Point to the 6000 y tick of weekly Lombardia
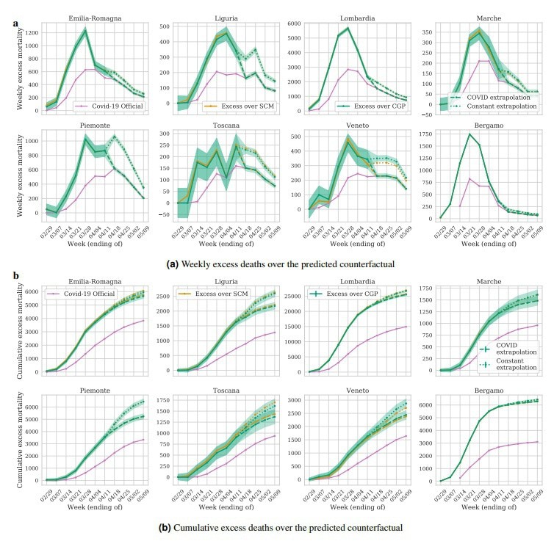click(301, 23)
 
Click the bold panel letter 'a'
click(15, 23)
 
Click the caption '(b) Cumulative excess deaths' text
click(281, 526)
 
